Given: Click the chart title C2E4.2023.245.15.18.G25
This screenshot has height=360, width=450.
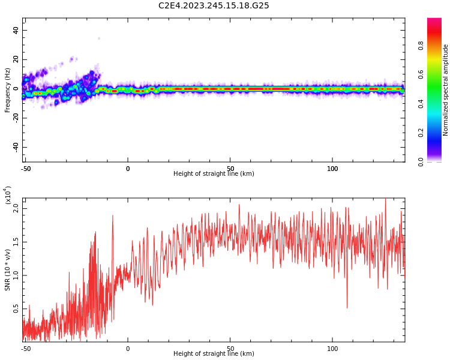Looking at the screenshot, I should (x=214, y=6).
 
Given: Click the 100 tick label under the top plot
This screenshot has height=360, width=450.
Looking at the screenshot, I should (x=332, y=169).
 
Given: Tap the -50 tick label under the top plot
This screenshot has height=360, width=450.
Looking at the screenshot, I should (x=26, y=169).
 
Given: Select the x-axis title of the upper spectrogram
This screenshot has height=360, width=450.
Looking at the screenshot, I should (x=214, y=174).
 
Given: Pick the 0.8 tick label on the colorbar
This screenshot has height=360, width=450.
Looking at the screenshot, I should (x=438, y=46).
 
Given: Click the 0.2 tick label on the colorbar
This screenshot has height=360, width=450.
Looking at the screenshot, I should (x=438, y=133).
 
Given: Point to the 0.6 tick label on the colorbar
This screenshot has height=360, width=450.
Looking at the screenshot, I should (x=438, y=74).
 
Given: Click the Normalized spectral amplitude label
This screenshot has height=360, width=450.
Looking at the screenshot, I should (x=446, y=90).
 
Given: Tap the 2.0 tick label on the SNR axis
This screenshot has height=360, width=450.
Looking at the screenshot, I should (x=16, y=208).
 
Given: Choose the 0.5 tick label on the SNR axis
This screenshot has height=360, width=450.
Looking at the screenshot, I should (x=16, y=309).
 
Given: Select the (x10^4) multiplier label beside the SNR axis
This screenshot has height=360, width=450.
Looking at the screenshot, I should (x=8, y=195).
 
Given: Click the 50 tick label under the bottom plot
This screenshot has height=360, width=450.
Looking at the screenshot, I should (x=230, y=348).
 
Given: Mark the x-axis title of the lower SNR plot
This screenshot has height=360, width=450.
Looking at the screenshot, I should (x=214, y=354).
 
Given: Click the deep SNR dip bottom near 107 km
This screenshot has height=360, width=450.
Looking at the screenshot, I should (x=347, y=307).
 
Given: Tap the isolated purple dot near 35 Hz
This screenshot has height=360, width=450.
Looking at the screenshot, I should (x=99, y=38).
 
